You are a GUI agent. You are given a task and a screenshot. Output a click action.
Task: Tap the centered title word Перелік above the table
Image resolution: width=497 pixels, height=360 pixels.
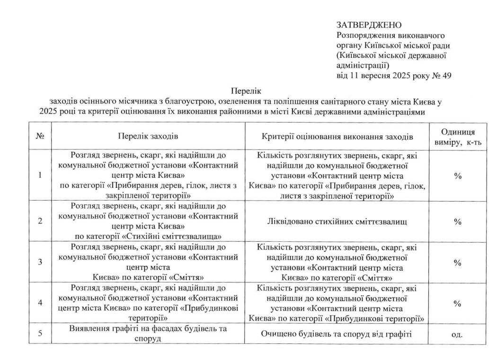point(246,90)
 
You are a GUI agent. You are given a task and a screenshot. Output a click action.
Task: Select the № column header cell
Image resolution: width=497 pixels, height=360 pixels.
point(40,136)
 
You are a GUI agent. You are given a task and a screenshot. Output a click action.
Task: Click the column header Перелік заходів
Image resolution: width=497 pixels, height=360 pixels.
point(148,136)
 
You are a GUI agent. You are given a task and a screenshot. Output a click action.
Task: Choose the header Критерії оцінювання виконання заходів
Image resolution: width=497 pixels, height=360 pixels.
point(337,136)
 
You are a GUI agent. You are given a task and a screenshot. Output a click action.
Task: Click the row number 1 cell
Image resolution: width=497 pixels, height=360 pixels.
point(40,175)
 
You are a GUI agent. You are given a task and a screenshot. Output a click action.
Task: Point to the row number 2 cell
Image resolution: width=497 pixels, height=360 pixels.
point(40,221)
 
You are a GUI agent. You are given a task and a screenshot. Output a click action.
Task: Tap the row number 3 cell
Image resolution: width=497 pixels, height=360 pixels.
point(40,262)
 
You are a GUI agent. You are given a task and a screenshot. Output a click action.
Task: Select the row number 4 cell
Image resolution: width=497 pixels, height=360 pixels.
point(40,303)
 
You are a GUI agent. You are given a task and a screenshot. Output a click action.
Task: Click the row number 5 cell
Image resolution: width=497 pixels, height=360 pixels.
point(40,334)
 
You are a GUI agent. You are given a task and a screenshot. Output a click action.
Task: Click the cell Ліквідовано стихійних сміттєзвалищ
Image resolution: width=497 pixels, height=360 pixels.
point(337,221)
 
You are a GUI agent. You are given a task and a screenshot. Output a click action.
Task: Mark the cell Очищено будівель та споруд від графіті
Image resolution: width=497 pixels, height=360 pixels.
point(337,334)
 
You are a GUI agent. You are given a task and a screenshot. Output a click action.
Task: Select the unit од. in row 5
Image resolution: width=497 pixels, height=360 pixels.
point(457,334)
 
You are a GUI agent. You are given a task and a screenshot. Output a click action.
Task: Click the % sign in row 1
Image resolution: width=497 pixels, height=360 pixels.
point(458,176)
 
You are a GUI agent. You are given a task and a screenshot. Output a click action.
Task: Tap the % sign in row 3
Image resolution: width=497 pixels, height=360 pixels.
point(458,263)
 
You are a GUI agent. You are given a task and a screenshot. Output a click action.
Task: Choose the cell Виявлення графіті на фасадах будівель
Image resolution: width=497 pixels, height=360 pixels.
point(148,334)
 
